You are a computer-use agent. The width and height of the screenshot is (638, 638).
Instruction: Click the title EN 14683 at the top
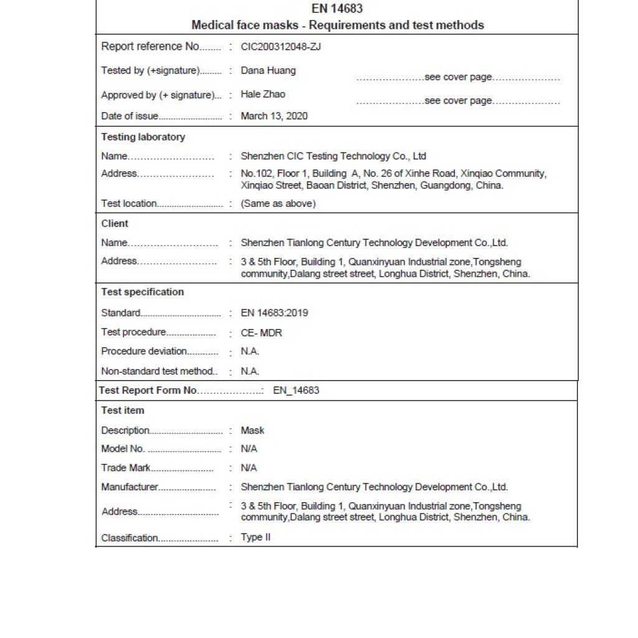pos(337,9)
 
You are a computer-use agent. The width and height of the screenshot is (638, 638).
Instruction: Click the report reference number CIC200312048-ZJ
pos(281,47)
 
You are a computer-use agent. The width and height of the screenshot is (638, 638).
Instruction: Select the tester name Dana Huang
pos(268,70)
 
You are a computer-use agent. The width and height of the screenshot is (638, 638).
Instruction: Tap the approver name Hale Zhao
pos(263,94)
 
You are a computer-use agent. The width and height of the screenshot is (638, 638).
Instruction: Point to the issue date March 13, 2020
pos(274,116)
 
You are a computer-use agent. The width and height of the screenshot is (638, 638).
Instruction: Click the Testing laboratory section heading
pos(143,137)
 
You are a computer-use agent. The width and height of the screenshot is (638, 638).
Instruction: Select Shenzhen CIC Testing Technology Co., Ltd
pos(333,156)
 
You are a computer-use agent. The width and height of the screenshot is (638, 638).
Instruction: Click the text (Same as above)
pos(278,204)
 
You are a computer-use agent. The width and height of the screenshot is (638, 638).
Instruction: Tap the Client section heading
pos(115,224)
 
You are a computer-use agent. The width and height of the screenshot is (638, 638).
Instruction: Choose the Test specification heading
pos(143,292)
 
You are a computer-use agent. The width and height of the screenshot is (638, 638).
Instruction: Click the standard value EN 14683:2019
pos(274,313)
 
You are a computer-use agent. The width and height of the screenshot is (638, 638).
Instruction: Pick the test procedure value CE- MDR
pos(261,333)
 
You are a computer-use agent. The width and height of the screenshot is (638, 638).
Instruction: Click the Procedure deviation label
pos(144,351)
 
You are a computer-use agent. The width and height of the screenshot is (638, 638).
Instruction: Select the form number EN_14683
pos(296,391)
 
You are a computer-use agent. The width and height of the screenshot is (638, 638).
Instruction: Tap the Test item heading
pos(123,411)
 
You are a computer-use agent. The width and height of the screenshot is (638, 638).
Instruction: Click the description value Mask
pos(252,431)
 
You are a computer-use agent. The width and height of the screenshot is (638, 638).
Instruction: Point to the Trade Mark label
pos(126,468)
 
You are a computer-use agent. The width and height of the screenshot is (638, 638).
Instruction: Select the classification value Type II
pos(255,537)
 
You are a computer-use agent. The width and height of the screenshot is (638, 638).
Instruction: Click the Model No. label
pos(123,449)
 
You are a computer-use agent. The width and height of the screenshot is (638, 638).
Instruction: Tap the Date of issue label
pos(130,116)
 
